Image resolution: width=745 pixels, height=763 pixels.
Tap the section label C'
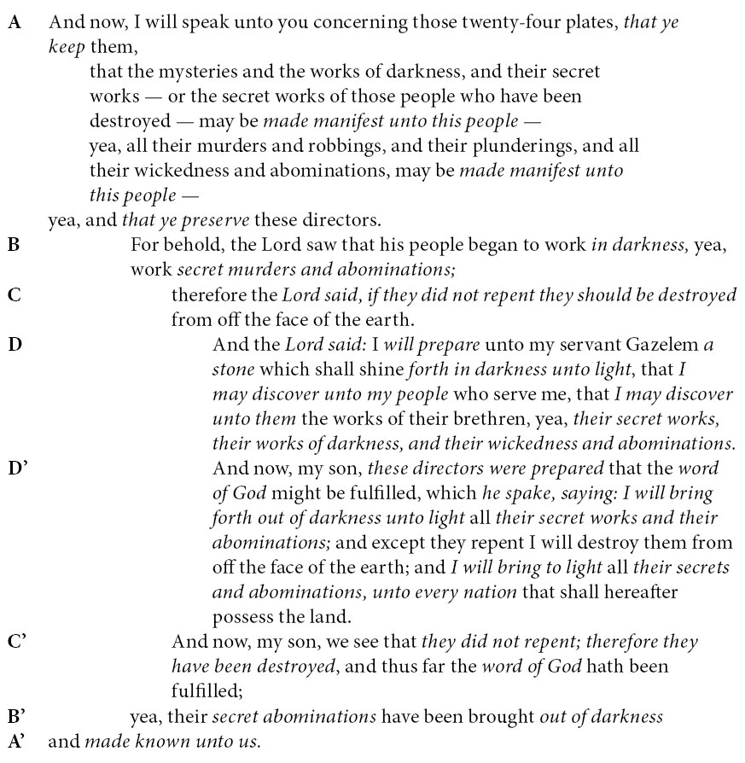click(17, 641)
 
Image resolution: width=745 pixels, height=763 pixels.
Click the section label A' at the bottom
click(17, 741)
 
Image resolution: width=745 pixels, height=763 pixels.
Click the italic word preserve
click(212, 220)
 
